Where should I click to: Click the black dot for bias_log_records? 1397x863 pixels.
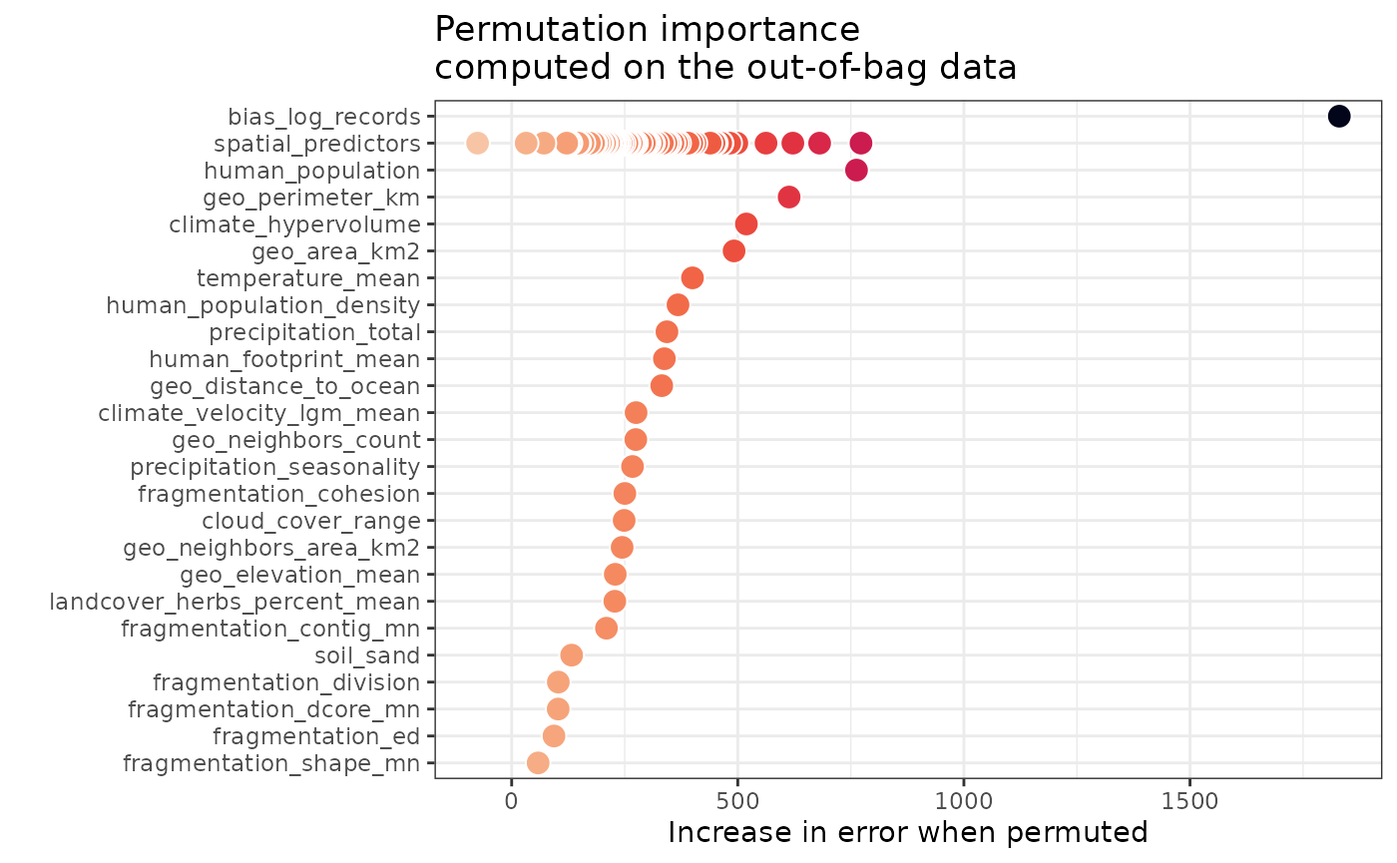click(1338, 116)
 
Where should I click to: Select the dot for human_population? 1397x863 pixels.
click(856, 170)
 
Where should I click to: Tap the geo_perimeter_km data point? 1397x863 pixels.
click(788, 197)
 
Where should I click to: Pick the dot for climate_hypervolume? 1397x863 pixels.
click(745, 223)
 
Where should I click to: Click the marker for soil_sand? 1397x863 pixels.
click(571, 654)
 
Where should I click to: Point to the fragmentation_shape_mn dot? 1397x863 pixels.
click(538, 762)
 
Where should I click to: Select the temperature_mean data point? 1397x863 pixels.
click(692, 277)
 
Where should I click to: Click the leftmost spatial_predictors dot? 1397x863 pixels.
click(477, 143)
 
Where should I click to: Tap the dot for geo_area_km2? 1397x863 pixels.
click(733, 250)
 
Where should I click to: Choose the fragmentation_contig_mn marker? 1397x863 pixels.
click(606, 628)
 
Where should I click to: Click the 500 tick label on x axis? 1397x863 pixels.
click(737, 798)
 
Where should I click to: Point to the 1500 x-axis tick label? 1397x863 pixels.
click(1189, 798)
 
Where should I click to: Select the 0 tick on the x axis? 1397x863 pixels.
click(511, 798)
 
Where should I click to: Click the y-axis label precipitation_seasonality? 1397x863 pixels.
click(275, 466)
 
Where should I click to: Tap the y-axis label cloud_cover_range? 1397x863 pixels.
click(311, 520)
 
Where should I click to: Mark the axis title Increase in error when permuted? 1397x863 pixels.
click(907, 832)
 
